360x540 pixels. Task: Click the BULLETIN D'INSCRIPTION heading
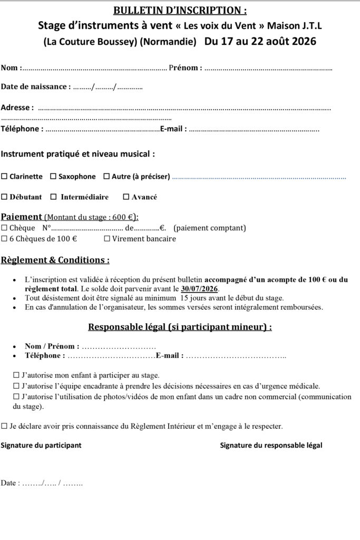[x=180, y=11]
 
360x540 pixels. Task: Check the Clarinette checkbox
[x=4, y=177]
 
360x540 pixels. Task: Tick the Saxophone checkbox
[x=53, y=177]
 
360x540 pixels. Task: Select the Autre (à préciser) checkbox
[x=107, y=177]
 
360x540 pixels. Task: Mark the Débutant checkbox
[x=4, y=197]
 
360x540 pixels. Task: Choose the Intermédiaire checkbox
[x=53, y=197]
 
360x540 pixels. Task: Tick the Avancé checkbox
[x=126, y=197]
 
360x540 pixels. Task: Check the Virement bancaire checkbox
[x=107, y=239]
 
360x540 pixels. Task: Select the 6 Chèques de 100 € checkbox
[x=4, y=239]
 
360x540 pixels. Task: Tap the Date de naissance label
[x=35, y=86]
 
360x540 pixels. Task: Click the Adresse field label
[x=17, y=108]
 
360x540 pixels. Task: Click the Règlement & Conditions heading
[x=55, y=260]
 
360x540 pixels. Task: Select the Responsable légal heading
[x=180, y=327]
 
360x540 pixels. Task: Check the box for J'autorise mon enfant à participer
[x=16, y=375]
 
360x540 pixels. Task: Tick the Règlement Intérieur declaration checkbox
[x=4, y=426]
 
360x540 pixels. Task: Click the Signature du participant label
[x=41, y=445]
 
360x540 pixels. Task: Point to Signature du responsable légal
[x=271, y=445]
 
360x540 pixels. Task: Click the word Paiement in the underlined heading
[x=21, y=217]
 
